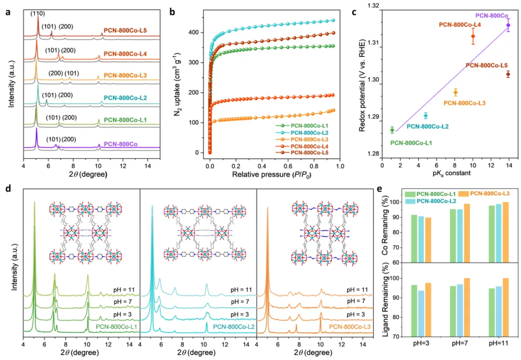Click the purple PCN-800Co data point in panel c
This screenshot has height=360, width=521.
pyautogui.click(x=508, y=25)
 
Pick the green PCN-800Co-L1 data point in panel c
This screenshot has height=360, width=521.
pyautogui.click(x=392, y=130)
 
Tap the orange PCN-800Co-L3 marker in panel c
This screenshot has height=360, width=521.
pyautogui.click(x=455, y=92)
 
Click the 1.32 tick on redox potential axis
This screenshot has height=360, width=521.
pyautogui.click(x=373, y=6)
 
